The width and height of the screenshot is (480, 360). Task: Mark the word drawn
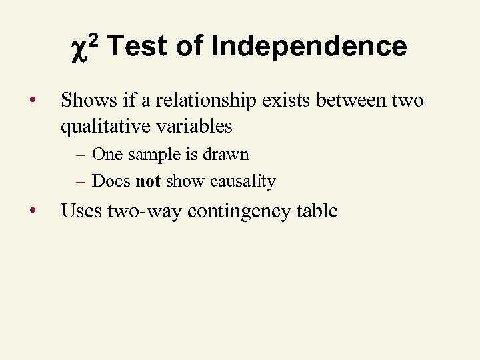227,155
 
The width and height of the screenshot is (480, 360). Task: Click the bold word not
147,181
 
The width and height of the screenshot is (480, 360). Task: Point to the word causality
243,181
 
